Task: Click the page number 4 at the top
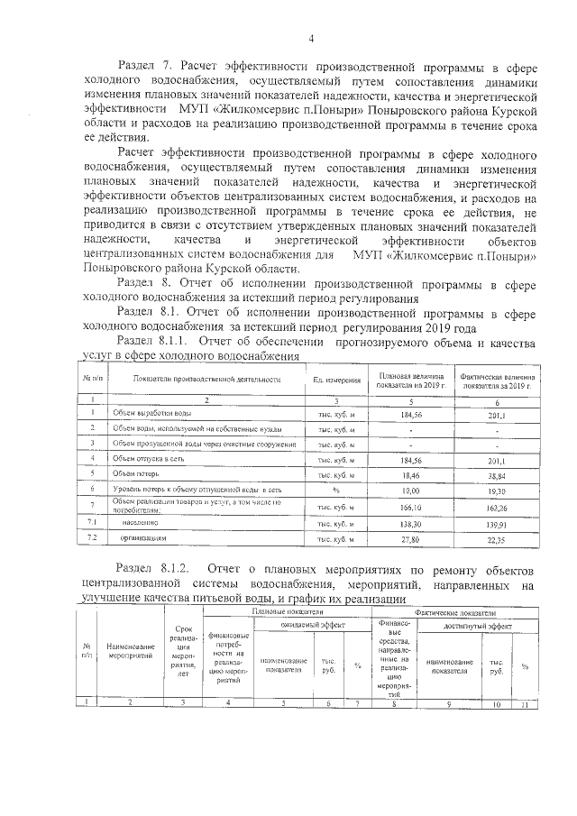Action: (x=311, y=38)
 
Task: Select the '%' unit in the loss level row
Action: (x=335, y=489)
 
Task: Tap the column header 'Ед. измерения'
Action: (x=336, y=380)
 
